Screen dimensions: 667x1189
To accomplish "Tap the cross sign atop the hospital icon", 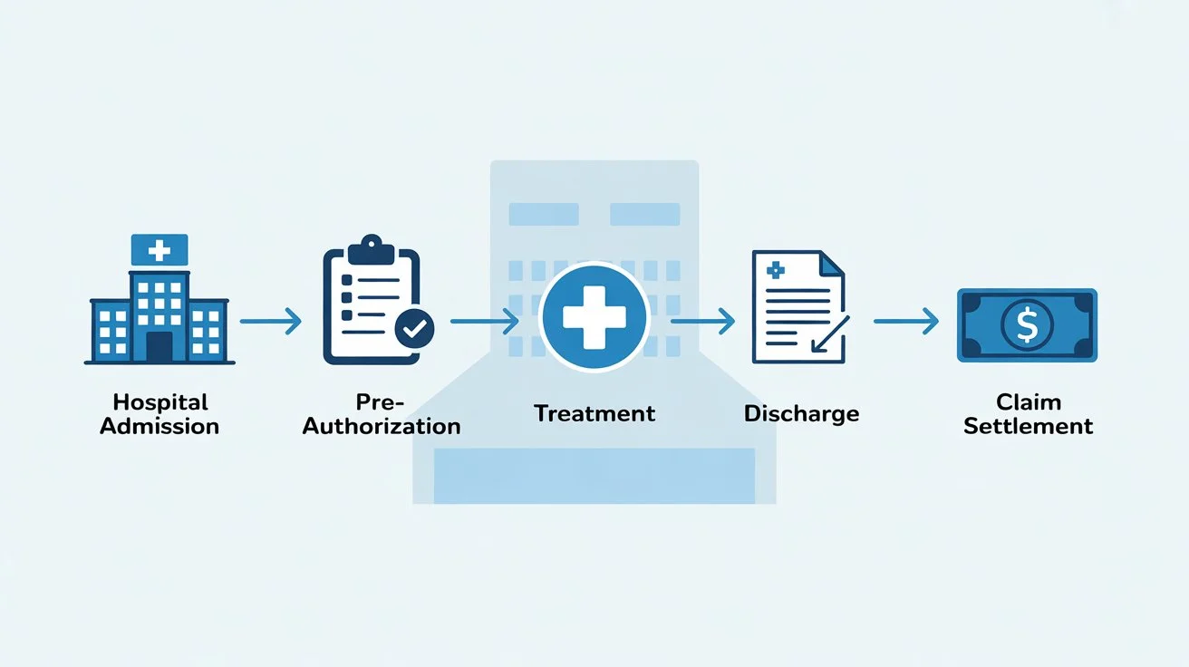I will pos(159,248).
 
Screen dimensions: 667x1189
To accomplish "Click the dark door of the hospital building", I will pos(159,346).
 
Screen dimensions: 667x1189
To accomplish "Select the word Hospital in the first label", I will pos(159,401).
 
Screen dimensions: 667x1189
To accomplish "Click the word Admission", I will pos(159,425).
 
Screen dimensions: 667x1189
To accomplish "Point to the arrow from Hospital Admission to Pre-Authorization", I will pos(270,321).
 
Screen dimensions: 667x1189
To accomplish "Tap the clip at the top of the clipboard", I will pos(371,247).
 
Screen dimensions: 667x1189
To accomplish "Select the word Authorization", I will pos(382,425).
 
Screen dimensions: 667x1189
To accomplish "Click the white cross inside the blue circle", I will pos(594,317).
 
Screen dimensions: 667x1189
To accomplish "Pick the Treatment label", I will pos(594,413).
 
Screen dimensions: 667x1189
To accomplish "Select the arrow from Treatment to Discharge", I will pos(701,321).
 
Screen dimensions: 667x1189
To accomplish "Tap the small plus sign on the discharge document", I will pos(775,269).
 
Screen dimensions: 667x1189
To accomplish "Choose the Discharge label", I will pos(801,413).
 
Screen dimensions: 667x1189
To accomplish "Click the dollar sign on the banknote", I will pos(1027,324).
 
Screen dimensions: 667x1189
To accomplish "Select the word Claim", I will pos(1028,401).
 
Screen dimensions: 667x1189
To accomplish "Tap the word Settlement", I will pos(1028,425).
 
